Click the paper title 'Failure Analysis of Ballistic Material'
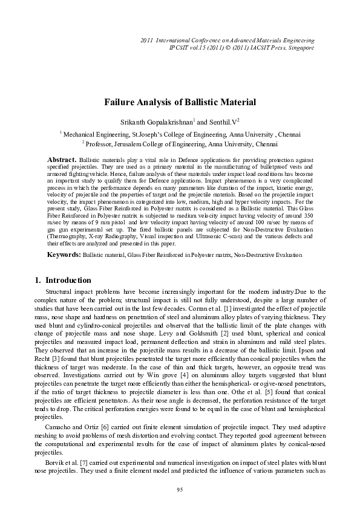pos(180,103)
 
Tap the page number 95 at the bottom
pos(180,489)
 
